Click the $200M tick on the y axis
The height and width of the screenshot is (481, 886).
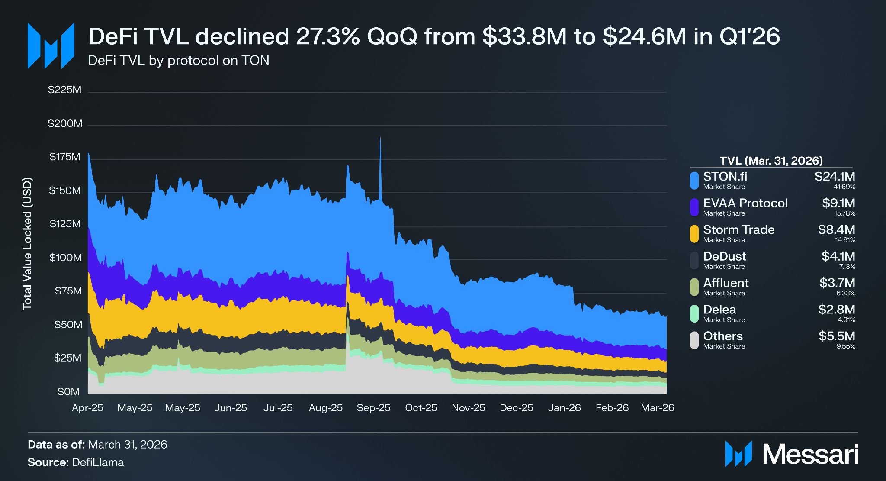click(65, 124)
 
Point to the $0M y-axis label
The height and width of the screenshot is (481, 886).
click(69, 392)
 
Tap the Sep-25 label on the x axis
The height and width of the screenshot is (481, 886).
click(373, 408)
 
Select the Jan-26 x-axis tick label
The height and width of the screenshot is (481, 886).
click(564, 408)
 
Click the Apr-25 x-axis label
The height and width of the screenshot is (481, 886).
click(87, 408)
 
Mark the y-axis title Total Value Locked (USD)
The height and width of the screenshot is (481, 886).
click(27, 243)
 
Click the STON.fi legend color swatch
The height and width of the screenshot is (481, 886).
click(694, 181)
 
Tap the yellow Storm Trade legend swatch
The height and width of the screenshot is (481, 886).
click(694, 234)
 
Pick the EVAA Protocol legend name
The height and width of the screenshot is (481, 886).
click(745, 203)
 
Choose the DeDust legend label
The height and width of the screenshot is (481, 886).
click(725, 256)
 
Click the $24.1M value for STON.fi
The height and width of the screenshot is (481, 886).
click(835, 177)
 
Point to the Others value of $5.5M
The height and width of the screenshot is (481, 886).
click(837, 336)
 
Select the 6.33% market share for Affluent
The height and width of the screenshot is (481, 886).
click(846, 293)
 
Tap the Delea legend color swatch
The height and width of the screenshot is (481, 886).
click(694, 313)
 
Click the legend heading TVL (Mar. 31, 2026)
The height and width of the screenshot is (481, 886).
click(771, 161)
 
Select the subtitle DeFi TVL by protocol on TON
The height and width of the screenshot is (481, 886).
click(179, 60)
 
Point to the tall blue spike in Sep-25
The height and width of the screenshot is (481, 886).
click(380, 169)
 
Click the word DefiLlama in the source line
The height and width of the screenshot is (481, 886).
click(98, 462)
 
